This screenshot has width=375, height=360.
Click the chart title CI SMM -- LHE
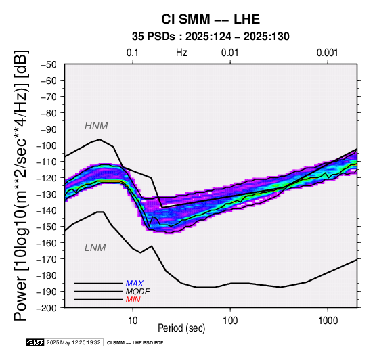(211, 19)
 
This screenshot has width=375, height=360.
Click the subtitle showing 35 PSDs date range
(211, 37)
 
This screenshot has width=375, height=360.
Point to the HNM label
(96, 126)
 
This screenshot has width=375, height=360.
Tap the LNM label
(95, 248)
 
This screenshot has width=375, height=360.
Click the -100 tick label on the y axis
(46, 145)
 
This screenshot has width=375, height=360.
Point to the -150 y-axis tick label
(46, 227)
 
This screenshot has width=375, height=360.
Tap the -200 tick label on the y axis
(46, 308)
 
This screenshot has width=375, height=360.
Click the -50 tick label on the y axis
(49, 64)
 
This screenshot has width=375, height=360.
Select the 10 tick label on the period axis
(133, 321)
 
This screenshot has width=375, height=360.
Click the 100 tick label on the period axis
(230, 321)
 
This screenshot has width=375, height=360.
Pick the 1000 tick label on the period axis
(328, 321)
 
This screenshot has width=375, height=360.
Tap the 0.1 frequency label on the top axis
(133, 53)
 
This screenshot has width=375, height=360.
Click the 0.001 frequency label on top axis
(327, 53)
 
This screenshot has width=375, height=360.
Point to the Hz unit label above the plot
(181, 53)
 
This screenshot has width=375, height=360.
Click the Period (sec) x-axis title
(181, 328)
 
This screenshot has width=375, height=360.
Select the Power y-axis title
(21, 185)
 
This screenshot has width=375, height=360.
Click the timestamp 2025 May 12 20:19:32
(73, 342)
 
